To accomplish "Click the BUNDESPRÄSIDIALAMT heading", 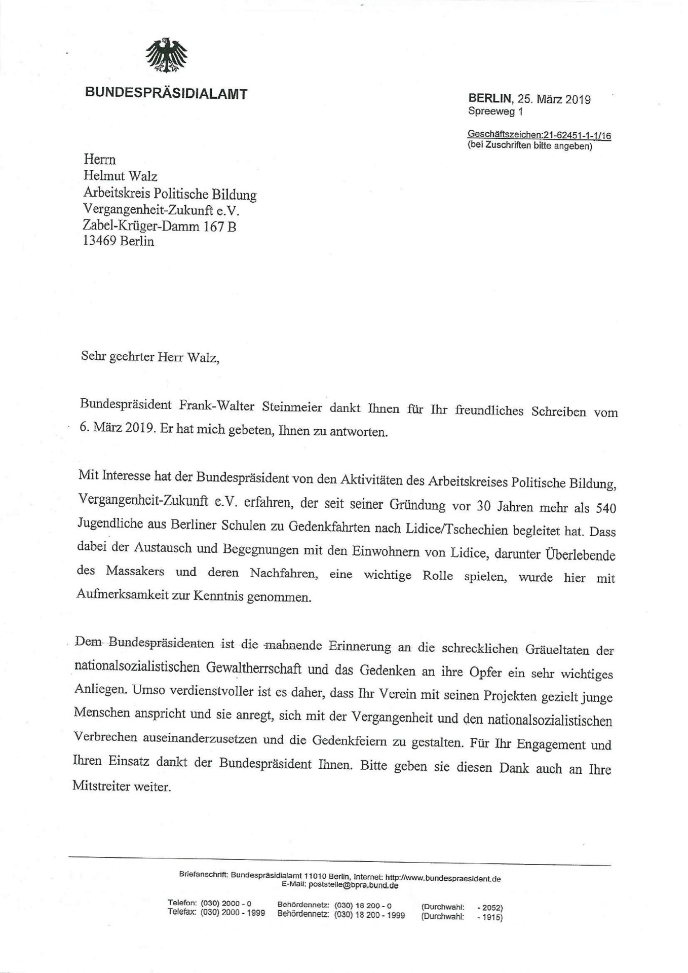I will [x=166, y=94].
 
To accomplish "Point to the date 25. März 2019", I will [x=554, y=99].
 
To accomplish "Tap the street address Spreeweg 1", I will [x=495, y=111].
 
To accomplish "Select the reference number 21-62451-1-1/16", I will [x=577, y=136].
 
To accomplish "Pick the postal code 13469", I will [x=99, y=241].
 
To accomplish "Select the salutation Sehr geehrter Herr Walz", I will [x=150, y=358].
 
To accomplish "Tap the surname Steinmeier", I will [x=292, y=407].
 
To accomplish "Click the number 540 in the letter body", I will [x=606, y=507].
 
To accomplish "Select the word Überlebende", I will [x=580, y=554].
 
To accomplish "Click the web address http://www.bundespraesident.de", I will [x=443, y=878].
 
